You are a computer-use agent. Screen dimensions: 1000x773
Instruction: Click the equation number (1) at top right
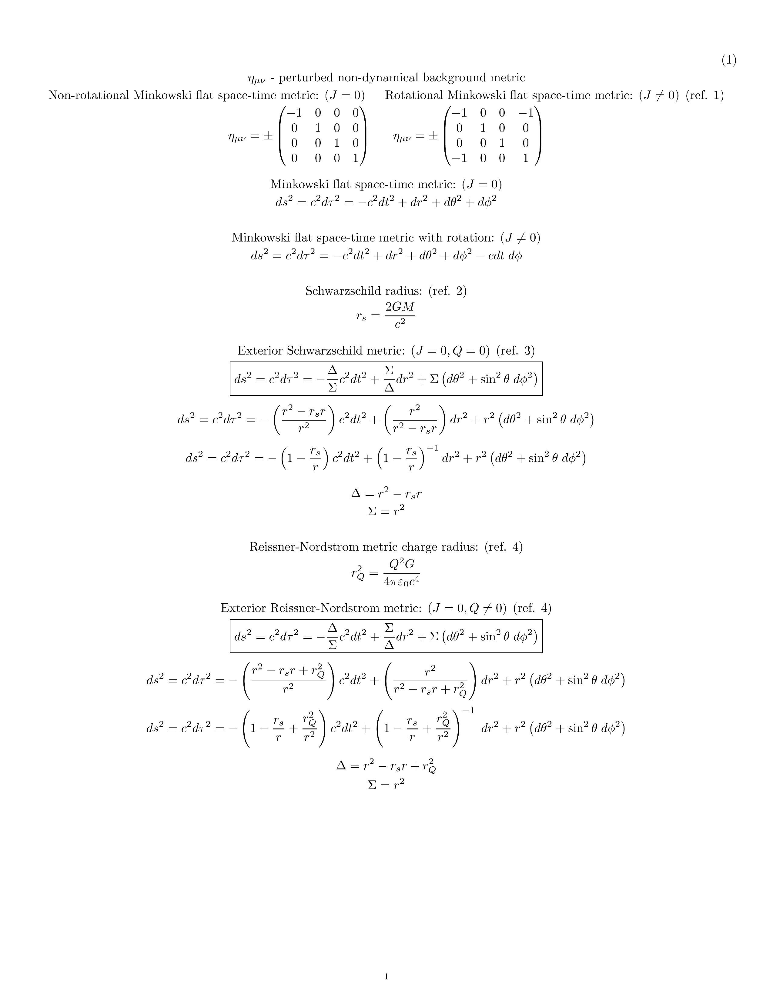(728, 60)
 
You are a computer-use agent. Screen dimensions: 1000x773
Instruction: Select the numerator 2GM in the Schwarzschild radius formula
(400, 307)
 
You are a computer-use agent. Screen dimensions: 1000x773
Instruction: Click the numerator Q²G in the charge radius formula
(402, 564)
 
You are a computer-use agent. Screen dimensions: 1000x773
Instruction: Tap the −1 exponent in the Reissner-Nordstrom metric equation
(468, 710)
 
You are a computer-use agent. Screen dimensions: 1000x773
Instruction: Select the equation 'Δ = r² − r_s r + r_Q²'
(386, 765)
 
